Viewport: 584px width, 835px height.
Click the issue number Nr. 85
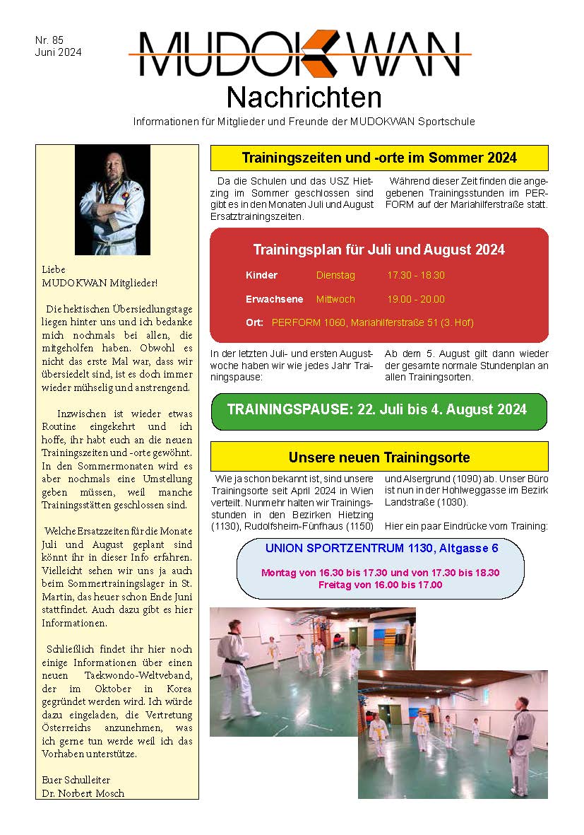pyautogui.click(x=49, y=40)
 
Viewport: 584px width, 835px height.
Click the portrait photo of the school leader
pyautogui.click(x=112, y=200)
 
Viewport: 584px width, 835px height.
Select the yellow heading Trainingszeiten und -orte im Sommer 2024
pyautogui.click(x=379, y=158)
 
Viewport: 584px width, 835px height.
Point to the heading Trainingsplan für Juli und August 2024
pyautogui.click(x=379, y=250)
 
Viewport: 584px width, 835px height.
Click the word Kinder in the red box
pyautogui.click(x=261, y=275)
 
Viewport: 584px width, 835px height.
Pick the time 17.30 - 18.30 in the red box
pyautogui.click(x=416, y=275)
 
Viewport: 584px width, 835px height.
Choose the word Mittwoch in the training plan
pyautogui.click(x=335, y=299)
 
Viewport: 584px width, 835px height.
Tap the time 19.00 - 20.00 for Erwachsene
pyautogui.click(x=416, y=299)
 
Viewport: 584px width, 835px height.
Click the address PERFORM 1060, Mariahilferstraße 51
pyautogui.click(x=372, y=322)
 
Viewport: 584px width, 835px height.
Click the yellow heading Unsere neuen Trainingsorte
pyautogui.click(x=379, y=457)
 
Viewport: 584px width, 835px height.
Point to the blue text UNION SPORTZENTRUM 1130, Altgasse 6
pyautogui.click(x=381, y=548)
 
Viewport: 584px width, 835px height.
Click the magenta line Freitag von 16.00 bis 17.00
pyautogui.click(x=380, y=585)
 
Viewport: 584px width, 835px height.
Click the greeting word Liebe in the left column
pyautogui.click(x=54, y=269)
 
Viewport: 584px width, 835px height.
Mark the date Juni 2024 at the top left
pyautogui.click(x=59, y=52)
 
